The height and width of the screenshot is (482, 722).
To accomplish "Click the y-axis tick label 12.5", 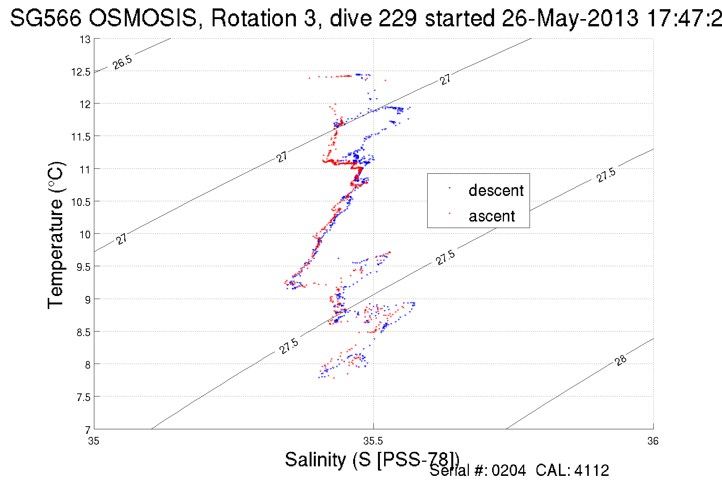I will pyautogui.click(x=81, y=72).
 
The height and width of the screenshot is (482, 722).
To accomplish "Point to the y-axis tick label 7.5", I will pyautogui.click(x=83, y=398).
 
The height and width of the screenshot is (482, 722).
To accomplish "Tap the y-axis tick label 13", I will pyautogui.click(x=85, y=39).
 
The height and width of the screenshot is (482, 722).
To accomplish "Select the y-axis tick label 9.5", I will pyautogui.click(x=83, y=267).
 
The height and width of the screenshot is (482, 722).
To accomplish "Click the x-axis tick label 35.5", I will pyautogui.click(x=373, y=442).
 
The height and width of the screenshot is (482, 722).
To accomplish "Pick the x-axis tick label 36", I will pyautogui.click(x=653, y=442).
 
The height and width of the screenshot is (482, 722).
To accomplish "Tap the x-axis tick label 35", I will pyautogui.click(x=94, y=442).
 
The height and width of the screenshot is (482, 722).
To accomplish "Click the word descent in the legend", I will pyautogui.click(x=496, y=191).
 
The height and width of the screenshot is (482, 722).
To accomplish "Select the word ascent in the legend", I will pyautogui.click(x=492, y=216).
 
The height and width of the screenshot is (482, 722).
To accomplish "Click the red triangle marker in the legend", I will pyautogui.click(x=449, y=213).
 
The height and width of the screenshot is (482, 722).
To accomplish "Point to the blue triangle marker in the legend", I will pyautogui.click(x=449, y=188).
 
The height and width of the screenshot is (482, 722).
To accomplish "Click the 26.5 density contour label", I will pyautogui.click(x=122, y=62).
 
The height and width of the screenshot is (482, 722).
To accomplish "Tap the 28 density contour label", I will pyautogui.click(x=621, y=360).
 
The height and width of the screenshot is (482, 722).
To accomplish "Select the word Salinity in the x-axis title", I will pyautogui.click(x=315, y=459).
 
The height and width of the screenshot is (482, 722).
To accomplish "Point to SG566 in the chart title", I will pyautogui.click(x=45, y=18).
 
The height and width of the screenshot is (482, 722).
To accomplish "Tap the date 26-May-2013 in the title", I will pyautogui.click(x=570, y=18).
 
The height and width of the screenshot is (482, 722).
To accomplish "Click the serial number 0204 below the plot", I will pyautogui.click(x=509, y=471).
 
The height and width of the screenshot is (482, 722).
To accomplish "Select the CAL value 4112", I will pyautogui.click(x=591, y=471).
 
